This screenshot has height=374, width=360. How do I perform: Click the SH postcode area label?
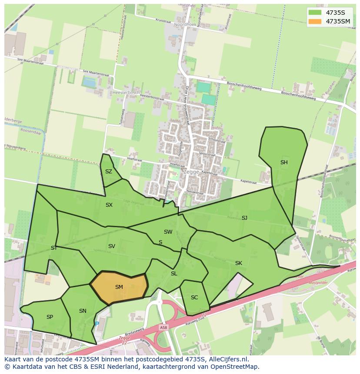click(x=284, y=162)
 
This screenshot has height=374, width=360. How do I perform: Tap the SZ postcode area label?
click(x=109, y=172)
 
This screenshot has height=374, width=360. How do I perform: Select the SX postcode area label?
click(x=109, y=205)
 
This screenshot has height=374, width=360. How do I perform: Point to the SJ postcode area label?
click(x=244, y=218)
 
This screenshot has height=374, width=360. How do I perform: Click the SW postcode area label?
click(x=168, y=232)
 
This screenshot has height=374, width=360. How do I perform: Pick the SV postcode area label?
click(x=112, y=246)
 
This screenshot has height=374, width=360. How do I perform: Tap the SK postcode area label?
click(x=239, y=263)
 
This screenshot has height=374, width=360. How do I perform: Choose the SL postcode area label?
click(x=174, y=274)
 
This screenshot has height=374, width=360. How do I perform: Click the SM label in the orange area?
click(x=119, y=287)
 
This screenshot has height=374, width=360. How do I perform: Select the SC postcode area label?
click(x=194, y=298)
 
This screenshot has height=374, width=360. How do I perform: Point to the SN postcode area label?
click(x=83, y=311)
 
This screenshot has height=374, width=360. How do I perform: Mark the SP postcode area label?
click(x=50, y=317)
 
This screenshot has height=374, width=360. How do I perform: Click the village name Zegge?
click(x=191, y=172)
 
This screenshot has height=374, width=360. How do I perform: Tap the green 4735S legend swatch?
click(x=315, y=13)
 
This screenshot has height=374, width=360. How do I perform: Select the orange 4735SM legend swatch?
click(x=315, y=21)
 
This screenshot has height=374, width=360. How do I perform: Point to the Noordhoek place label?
click(x=185, y=25)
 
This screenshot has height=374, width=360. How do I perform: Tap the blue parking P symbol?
click(x=97, y=324)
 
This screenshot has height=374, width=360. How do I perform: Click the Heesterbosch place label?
click(x=126, y=93)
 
